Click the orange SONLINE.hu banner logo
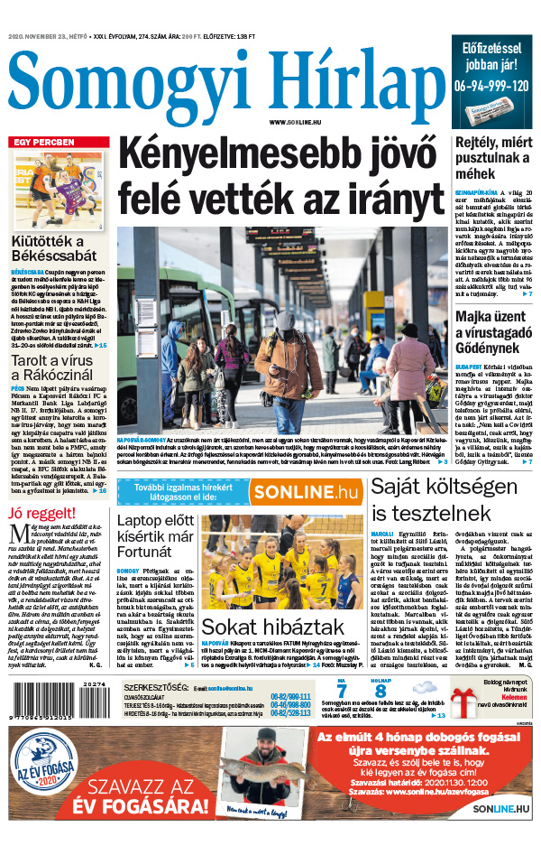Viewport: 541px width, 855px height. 303,493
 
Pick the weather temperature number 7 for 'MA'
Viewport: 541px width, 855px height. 342,690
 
